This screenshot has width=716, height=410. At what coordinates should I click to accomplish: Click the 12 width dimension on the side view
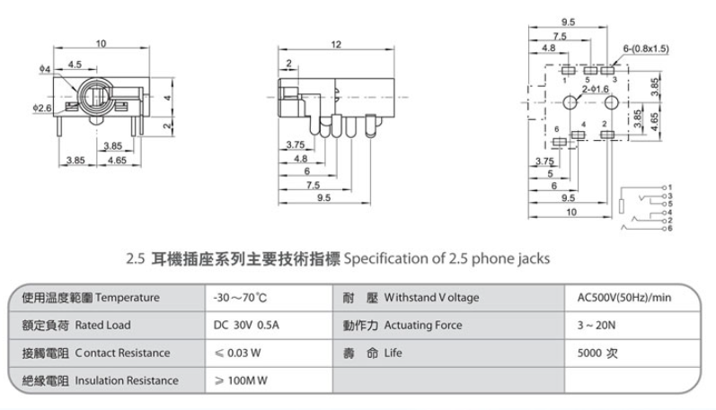tap(336, 44)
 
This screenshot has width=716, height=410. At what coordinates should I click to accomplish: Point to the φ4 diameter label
tap(44, 68)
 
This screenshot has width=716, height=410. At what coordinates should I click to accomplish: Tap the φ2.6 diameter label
tap(42, 108)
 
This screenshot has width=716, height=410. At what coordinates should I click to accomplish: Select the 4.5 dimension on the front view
tap(75, 64)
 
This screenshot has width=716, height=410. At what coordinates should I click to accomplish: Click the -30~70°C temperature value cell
tap(236, 298)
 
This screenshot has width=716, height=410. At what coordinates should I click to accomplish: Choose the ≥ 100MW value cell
tap(237, 380)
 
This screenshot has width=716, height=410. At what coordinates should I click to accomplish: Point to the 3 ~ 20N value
tap(596, 325)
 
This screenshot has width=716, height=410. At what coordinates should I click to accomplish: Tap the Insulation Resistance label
tap(126, 380)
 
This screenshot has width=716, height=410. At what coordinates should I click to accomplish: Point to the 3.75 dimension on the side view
tap(294, 144)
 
